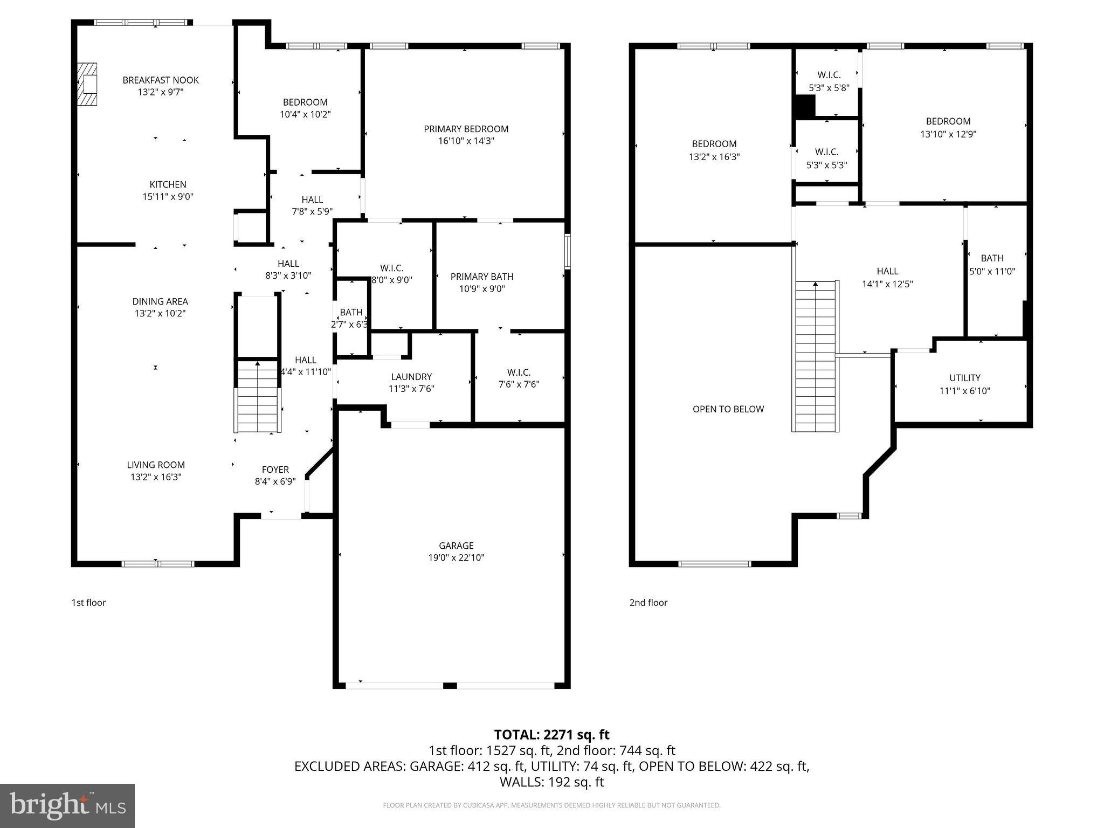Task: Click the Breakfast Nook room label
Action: pyautogui.click(x=161, y=80)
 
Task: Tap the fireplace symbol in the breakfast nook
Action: pyautogui.click(x=86, y=85)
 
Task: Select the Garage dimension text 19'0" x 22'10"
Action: pyautogui.click(x=456, y=558)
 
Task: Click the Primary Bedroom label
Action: pyautogui.click(x=466, y=129)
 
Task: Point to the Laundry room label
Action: pyautogui.click(x=411, y=377)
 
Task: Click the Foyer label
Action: pyautogui.click(x=275, y=470)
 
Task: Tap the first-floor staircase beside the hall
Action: pyautogui.click(x=258, y=396)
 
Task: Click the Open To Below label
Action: pyautogui.click(x=728, y=409)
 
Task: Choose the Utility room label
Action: pyautogui.click(x=964, y=378)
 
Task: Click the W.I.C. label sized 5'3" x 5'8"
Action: pyautogui.click(x=829, y=81)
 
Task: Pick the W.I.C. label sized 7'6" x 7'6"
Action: pyautogui.click(x=519, y=378)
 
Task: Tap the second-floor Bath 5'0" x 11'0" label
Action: pyautogui.click(x=992, y=265)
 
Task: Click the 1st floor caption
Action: pyautogui.click(x=88, y=603)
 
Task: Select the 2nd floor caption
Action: pyautogui.click(x=648, y=603)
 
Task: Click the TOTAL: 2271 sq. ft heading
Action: pyautogui.click(x=551, y=734)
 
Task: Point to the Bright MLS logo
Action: pyautogui.click(x=67, y=805)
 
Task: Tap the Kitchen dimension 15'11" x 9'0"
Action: pyautogui.click(x=168, y=197)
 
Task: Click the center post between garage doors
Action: pyautogui.click(x=450, y=686)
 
